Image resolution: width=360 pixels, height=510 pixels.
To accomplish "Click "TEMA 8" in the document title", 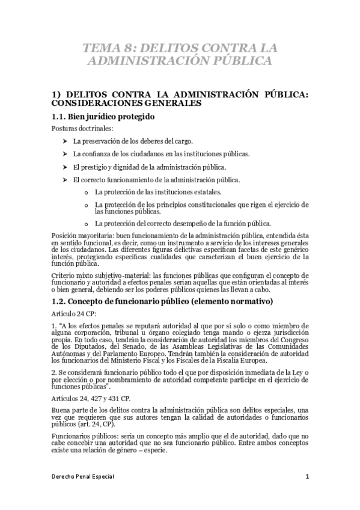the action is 106,48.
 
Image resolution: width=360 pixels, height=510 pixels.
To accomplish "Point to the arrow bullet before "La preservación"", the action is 64,141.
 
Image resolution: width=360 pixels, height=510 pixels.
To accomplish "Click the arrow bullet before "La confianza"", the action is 64,153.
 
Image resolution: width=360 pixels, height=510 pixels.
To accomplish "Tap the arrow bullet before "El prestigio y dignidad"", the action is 64,167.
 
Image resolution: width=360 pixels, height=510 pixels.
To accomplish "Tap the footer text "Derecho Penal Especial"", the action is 82,477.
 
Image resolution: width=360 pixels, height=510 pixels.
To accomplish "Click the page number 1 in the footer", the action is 307,477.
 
